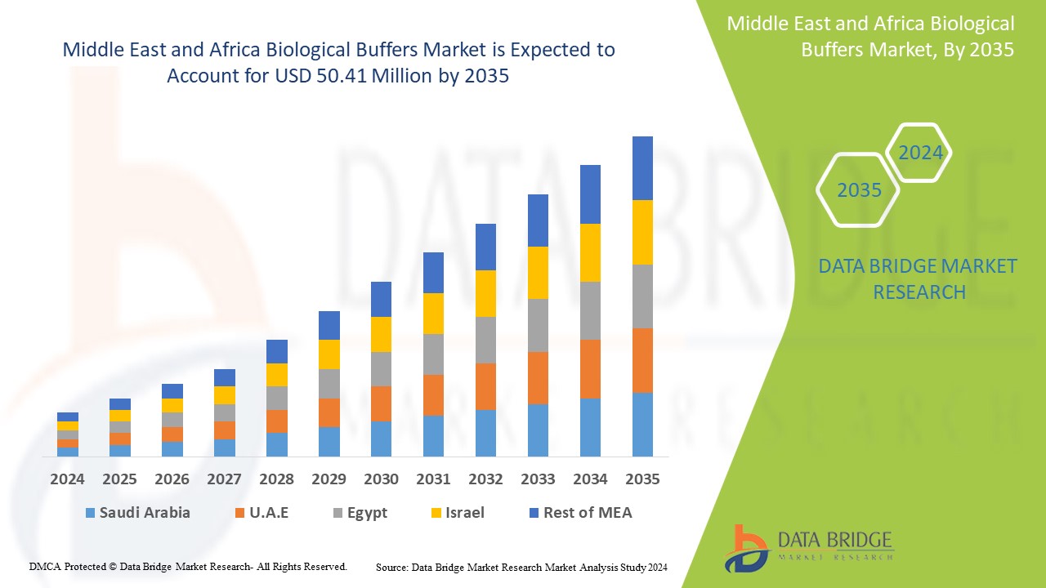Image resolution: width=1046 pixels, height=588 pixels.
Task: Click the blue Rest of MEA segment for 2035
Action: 642,168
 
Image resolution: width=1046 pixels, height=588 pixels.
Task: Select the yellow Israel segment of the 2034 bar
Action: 590,252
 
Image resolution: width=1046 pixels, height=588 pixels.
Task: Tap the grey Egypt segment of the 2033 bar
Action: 538,325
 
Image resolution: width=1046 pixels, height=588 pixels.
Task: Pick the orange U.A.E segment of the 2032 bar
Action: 485,386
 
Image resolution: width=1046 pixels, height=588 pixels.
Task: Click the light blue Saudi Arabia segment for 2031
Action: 433,435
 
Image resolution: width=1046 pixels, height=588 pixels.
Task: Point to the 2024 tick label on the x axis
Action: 67,479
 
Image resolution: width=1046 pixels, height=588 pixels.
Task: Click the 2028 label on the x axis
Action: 276,479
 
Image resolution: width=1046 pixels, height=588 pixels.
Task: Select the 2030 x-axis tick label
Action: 381,479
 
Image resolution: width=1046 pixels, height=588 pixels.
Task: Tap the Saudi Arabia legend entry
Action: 137,513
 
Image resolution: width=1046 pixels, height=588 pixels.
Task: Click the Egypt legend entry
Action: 359,513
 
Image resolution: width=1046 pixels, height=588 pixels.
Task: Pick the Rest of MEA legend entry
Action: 580,513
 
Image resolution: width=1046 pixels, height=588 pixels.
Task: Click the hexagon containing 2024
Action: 920,153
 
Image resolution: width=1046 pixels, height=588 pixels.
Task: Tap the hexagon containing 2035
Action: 859,190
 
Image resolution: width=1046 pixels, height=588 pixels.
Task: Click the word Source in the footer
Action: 391,567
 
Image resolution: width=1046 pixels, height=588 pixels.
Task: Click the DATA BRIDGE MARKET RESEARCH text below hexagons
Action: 919,278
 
